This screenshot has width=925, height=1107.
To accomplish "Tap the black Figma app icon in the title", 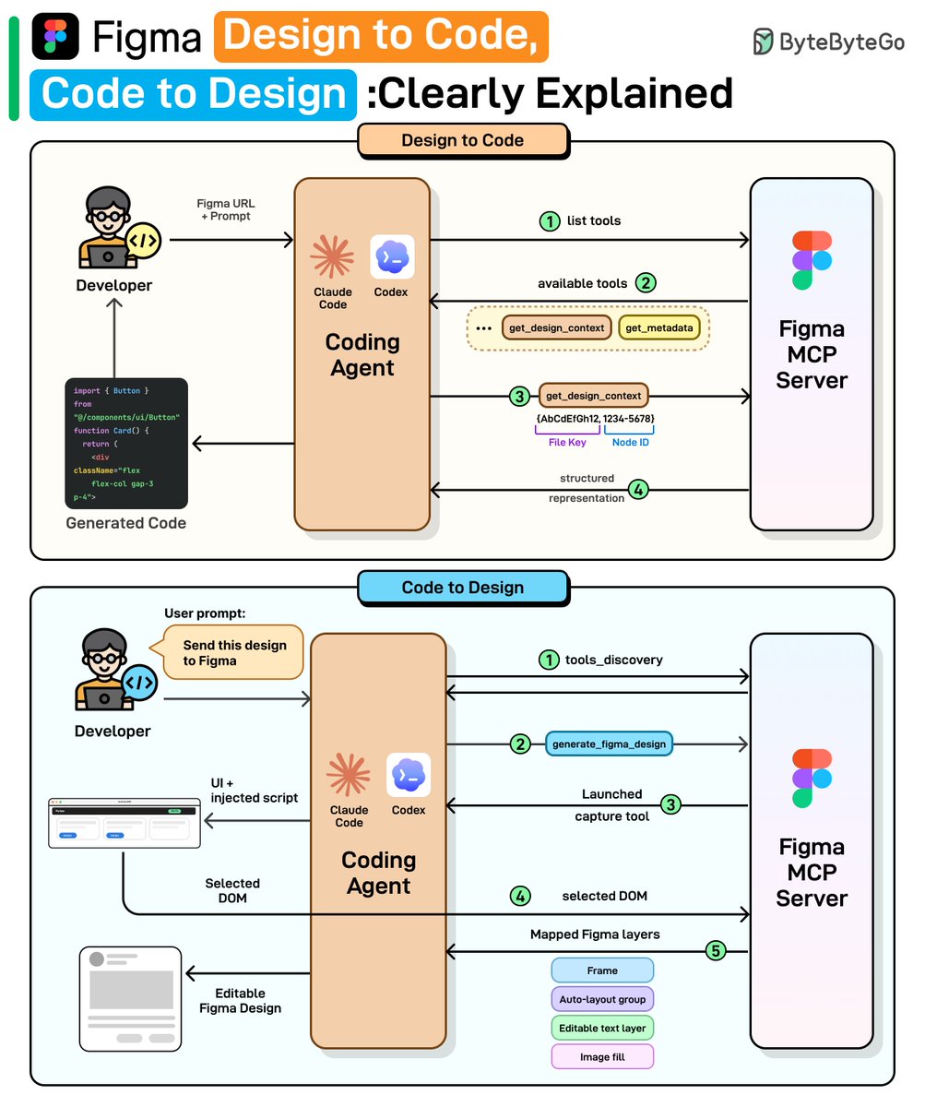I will [x=55, y=36].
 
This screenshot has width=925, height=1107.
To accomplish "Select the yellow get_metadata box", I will [x=658, y=327].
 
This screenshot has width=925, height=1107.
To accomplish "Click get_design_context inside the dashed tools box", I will [x=556, y=327].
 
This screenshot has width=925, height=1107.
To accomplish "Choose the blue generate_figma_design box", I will [x=609, y=744].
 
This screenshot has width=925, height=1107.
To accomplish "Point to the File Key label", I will [x=566, y=443].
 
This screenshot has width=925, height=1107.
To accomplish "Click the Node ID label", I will [x=631, y=443].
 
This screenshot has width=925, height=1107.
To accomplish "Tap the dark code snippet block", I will [x=126, y=444].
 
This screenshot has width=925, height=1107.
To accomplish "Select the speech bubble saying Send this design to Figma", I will [x=234, y=652].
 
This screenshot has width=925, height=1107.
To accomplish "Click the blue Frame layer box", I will [x=602, y=970].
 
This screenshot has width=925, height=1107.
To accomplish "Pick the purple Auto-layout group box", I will [x=602, y=999].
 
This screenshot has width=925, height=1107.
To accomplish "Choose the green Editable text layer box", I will [x=602, y=1028].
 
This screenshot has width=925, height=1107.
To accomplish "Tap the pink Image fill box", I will [x=602, y=1057].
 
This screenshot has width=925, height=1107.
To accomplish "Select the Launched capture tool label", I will [x=611, y=804].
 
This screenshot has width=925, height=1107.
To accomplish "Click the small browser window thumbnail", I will [x=124, y=824].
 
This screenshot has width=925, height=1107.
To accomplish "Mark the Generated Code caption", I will [x=126, y=523].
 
